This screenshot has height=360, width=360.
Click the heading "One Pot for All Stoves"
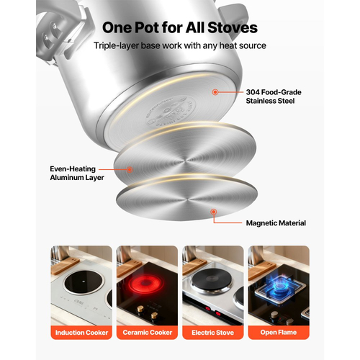pos(180,27)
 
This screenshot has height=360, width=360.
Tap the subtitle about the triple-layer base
pos(180,45)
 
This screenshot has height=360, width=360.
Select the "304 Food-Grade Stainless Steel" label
pos(274,96)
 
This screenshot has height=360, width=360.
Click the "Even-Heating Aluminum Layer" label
pos(77,173)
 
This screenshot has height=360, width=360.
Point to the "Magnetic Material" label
pos(276,223)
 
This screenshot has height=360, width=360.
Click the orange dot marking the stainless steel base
pos(215,92)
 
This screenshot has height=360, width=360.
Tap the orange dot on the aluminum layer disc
pos(130,170)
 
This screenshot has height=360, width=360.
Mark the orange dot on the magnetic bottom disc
pos(214,212)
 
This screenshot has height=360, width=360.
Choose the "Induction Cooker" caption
pos(81,333)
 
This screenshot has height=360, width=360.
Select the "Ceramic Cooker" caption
pos(148,333)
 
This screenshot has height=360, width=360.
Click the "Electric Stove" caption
pos(212,333)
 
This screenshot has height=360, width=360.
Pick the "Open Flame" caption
pos(279,333)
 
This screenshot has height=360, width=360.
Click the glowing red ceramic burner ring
pos(145,284)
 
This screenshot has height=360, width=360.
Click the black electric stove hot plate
pos(212,280)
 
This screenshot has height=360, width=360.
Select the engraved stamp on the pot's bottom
pos(170,111)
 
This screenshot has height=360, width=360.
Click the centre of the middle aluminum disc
pos(185,160)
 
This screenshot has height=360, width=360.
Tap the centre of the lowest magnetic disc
pos(186,199)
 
